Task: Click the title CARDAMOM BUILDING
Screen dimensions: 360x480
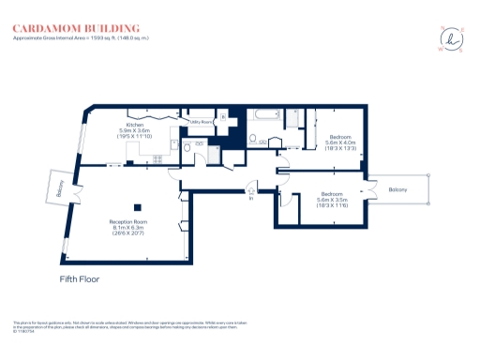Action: click(76, 29)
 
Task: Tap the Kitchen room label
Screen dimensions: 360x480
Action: click(134, 125)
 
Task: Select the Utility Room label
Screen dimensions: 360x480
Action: click(202, 122)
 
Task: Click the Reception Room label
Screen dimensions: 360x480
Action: click(128, 221)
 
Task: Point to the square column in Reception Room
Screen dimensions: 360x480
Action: click(138, 207)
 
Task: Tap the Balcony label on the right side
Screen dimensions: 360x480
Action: click(398, 190)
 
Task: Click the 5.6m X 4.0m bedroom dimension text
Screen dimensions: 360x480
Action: click(339, 143)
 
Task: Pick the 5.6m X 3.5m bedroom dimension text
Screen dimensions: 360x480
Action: click(333, 201)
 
